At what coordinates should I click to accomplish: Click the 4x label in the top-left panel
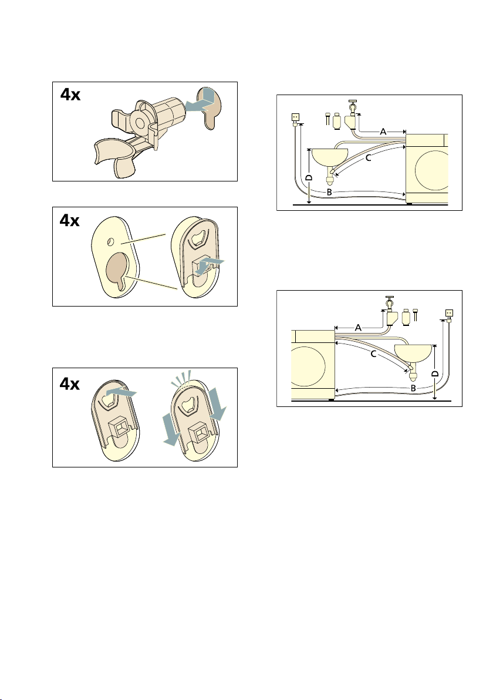pos(70,95)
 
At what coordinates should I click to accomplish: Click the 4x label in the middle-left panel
pos(70,221)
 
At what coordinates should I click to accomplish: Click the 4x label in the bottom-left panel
pos(70,384)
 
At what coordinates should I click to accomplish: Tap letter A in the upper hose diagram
pos(383,132)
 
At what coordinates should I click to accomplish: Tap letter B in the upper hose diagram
pos(329,193)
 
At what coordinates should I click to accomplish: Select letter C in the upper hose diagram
pos(369,157)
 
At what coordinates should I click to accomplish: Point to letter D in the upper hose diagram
pos(309,178)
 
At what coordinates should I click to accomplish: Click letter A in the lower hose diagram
pos(358,328)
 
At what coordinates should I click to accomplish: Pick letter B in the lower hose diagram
pos(413,388)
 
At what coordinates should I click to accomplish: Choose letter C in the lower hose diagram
pos(373,354)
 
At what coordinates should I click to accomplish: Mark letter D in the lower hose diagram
pos(435,373)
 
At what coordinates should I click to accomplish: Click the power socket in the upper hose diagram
pos(295,117)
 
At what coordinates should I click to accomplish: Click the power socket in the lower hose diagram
pos(450,314)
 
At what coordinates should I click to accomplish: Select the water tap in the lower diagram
pos(389,304)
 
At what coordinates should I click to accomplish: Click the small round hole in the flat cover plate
pos(112,241)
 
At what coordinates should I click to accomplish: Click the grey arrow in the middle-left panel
pos(209,264)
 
